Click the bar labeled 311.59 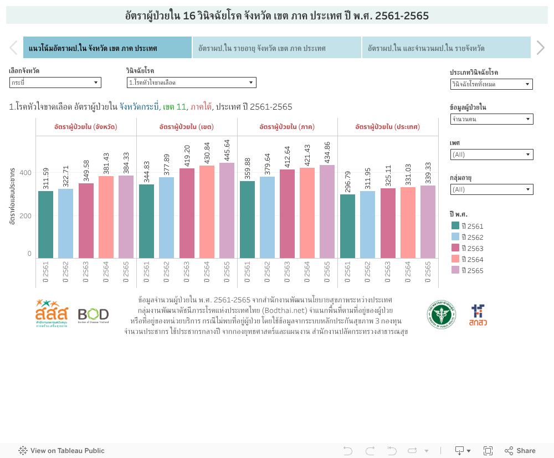45,224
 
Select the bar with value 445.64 227,210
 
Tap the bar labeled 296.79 347,226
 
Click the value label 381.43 106,163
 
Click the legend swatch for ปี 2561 455,226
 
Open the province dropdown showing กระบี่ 55,83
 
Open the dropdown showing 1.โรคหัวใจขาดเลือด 191,83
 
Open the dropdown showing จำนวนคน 491,119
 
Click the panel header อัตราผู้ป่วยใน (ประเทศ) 387,127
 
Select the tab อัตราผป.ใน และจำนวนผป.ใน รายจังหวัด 446,48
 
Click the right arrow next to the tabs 540,48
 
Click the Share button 520,451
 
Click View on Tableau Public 61,451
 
